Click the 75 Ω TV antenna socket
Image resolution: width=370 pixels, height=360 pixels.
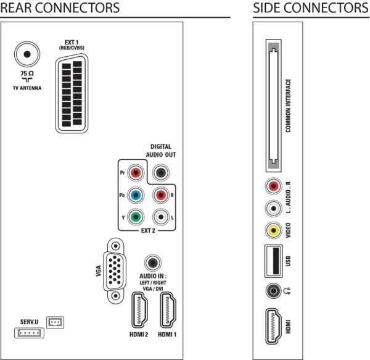point(26,54)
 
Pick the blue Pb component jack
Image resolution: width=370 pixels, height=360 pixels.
point(138,196)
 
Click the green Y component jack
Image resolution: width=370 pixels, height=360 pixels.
point(138,217)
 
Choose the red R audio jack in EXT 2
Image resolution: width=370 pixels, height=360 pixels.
point(161,196)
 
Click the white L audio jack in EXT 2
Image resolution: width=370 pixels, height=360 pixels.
point(161,217)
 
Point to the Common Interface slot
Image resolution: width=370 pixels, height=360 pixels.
point(273,106)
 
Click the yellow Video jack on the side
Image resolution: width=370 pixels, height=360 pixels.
point(273,230)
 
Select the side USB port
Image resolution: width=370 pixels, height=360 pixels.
point(273,260)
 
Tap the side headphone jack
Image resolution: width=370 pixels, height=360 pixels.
point(273,290)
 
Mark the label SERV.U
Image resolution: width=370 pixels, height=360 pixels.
point(30,322)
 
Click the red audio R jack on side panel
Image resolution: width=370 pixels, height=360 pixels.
point(273,186)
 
